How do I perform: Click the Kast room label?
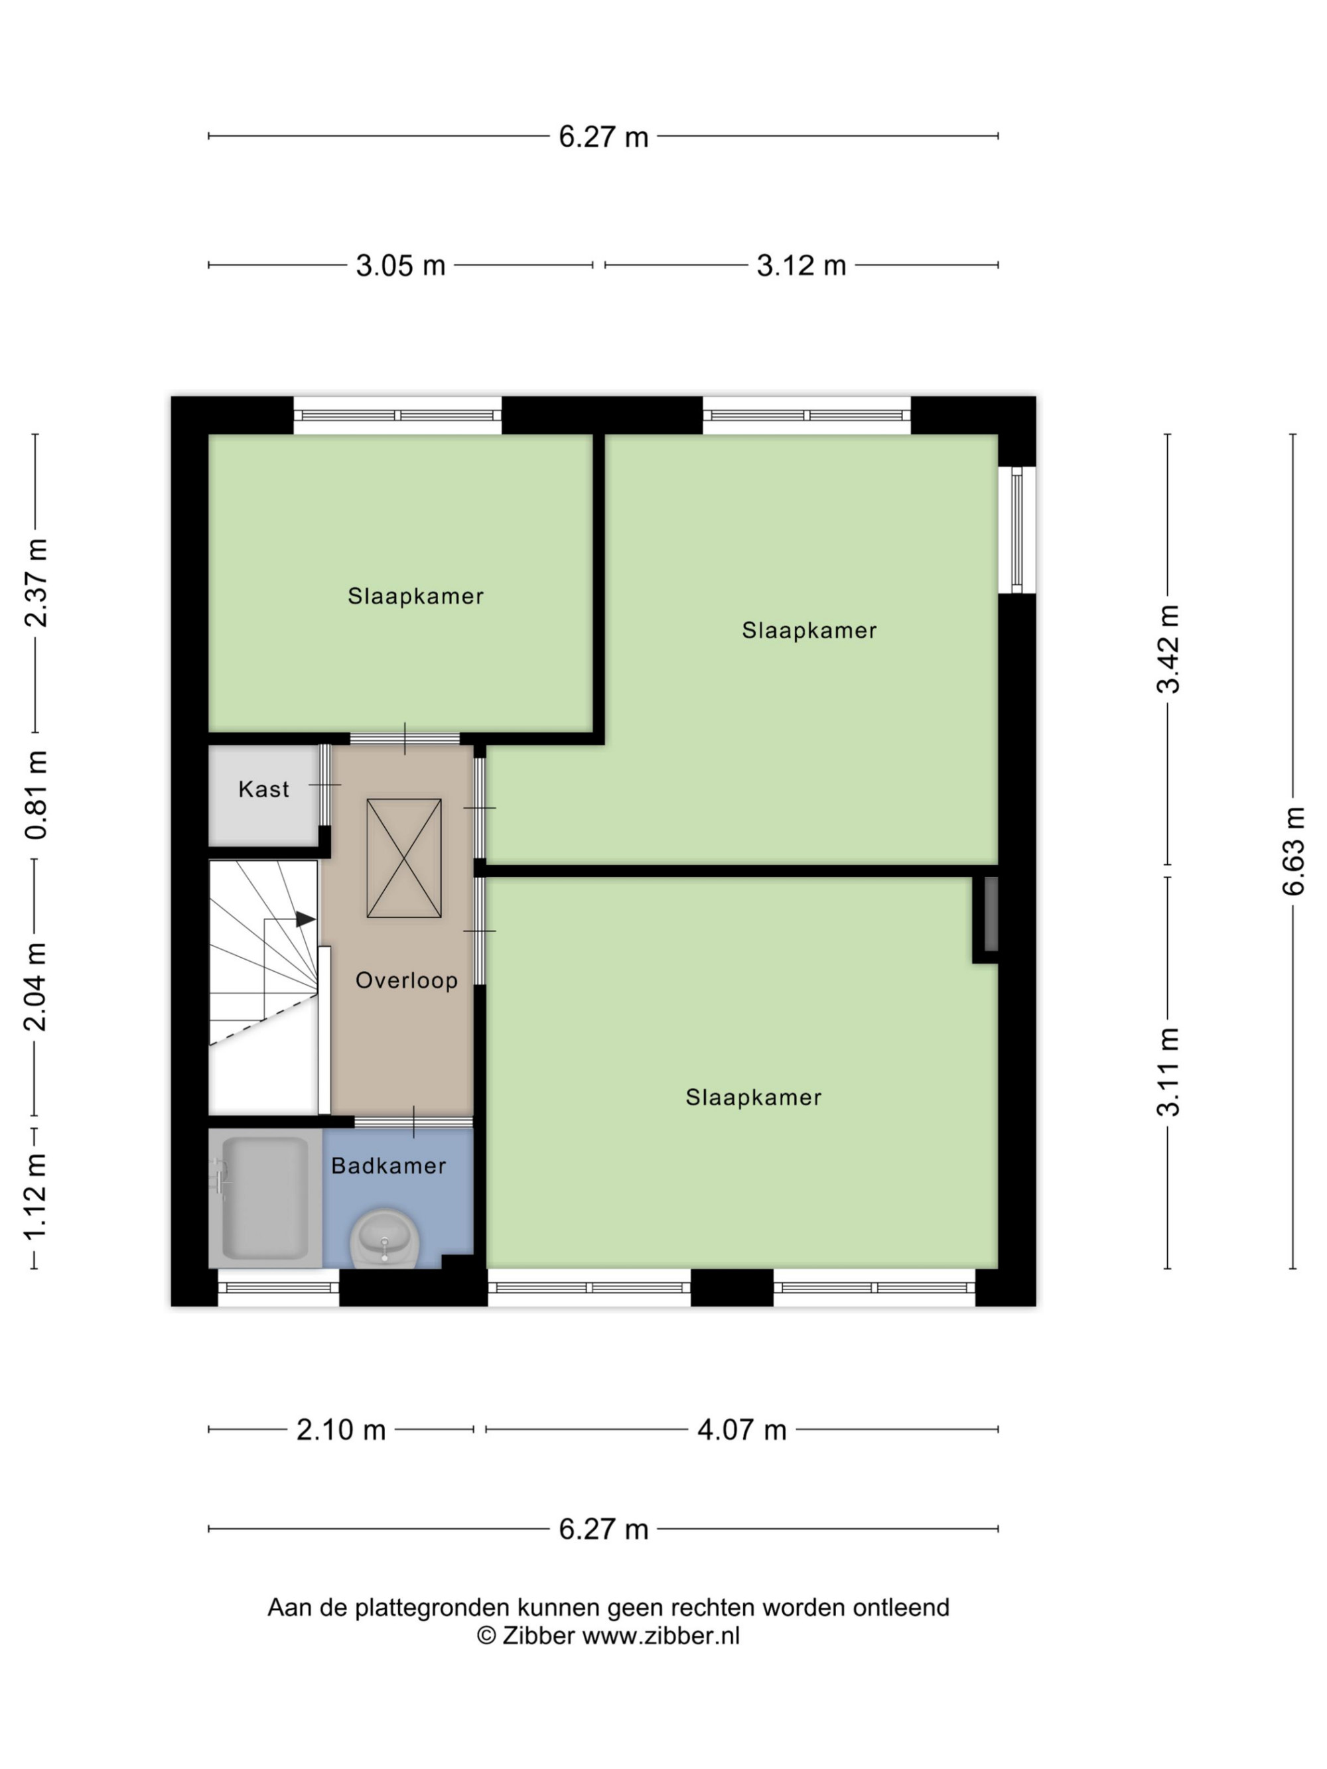(263, 789)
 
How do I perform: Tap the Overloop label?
(406, 980)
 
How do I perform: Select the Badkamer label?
(389, 1165)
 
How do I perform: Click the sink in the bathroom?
(385, 1238)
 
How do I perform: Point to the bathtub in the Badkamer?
(265, 1198)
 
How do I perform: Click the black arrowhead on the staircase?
(305, 920)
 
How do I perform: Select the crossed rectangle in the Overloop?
(404, 858)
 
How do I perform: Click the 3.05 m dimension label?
(401, 265)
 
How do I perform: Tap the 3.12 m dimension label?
(802, 265)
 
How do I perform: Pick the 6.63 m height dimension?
(1293, 851)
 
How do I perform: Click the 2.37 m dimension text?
(36, 583)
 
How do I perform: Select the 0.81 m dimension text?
(36, 795)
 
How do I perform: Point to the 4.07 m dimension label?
(742, 1430)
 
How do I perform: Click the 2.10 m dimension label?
(342, 1430)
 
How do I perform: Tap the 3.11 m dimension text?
(1168, 1072)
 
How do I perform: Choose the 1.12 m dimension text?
(36, 1197)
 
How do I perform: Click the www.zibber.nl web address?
(661, 1636)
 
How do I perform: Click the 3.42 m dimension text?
(1168, 649)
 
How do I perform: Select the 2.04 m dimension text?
(36, 987)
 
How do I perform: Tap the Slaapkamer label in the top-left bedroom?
(415, 596)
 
